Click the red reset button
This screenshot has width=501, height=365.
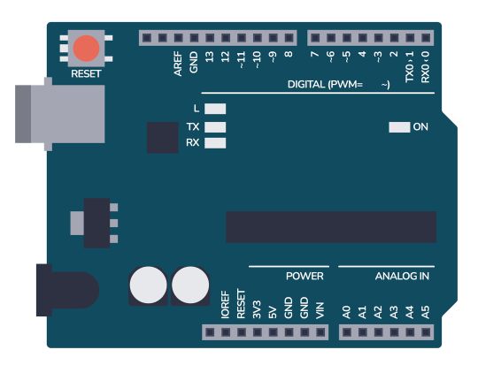tap(86, 48)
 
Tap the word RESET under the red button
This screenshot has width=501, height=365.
tap(86, 74)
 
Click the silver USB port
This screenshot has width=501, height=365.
tap(58, 113)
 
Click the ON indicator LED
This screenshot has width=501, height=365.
tap(398, 127)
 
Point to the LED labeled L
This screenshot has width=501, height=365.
tap(215, 110)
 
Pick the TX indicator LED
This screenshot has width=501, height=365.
tap(215, 126)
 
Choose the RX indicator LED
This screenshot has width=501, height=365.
tap(215, 143)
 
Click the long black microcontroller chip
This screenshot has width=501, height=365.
tap(330, 227)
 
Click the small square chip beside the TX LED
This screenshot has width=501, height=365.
tap(164, 136)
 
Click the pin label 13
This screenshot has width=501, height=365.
tap(210, 57)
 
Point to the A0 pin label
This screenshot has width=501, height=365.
tap(346, 311)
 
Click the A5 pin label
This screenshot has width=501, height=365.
tap(426, 311)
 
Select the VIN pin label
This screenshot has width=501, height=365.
tap(320, 309)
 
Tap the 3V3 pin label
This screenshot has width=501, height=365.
tap(256, 309)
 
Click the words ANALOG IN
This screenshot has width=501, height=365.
tap(402, 277)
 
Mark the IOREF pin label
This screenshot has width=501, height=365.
tap(224, 304)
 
